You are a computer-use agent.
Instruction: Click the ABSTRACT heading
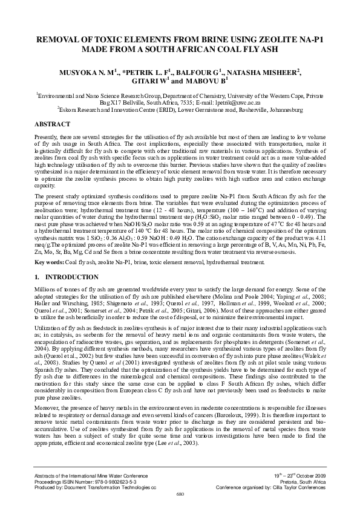(x=51, y=123)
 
